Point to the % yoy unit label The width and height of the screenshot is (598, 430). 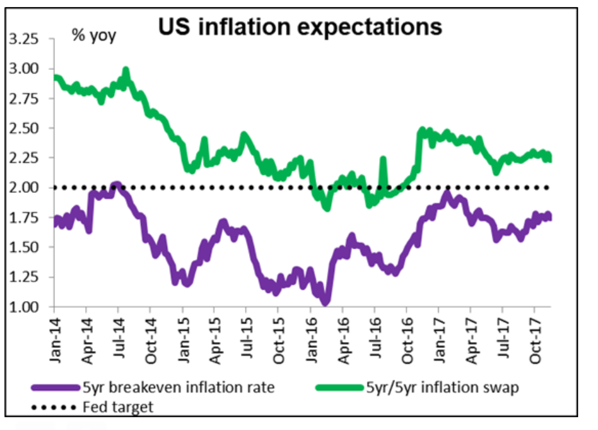coord(93,36)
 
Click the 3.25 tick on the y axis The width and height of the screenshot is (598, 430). coord(26,39)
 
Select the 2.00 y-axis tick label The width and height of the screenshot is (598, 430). coord(26,188)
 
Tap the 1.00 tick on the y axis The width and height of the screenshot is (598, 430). coord(26,307)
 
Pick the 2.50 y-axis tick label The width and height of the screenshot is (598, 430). coord(26,128)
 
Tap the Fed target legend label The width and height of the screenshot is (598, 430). coord(118,406)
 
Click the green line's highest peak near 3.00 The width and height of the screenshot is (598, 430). coord(126,70)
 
